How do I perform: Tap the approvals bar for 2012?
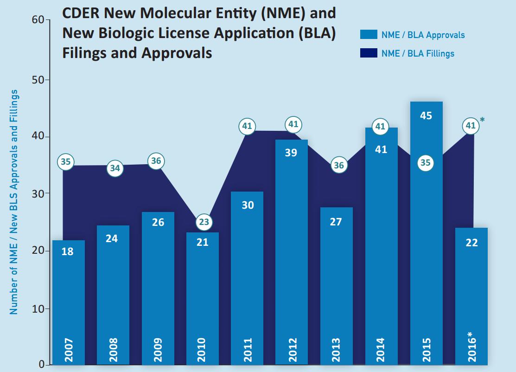[292, 250]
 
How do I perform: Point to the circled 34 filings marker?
[115, 168]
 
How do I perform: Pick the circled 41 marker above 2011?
[247, 126]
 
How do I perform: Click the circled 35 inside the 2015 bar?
[426, 163]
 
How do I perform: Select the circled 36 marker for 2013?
[339, 166]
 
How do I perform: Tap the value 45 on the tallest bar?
[426, 115]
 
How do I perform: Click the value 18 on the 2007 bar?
[68, 252]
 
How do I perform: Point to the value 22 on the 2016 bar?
[471, 243]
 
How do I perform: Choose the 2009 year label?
[158, 350]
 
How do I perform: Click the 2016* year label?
[471, 347]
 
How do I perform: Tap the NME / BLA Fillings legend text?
[418, 53]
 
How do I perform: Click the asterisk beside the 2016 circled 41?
[483, 121]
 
